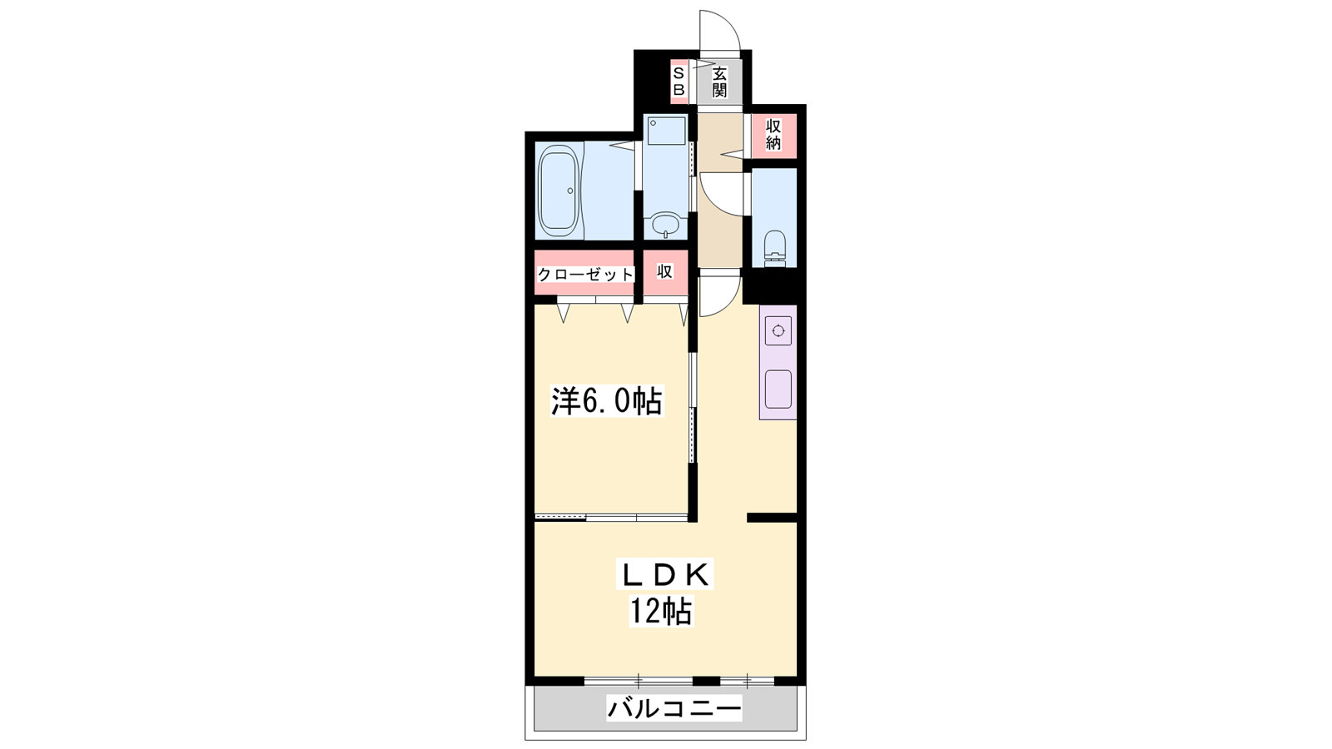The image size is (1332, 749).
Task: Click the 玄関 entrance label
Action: [x=719, y=82]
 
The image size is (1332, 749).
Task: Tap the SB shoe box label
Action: [x=678, y=81]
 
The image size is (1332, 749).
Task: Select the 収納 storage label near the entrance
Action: [x=773, y=135]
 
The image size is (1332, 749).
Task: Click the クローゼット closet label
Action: [x=585, y=275]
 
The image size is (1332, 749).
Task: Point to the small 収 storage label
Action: [x=665, y=271]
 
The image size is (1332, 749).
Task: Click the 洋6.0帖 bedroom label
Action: [x=607, y=400]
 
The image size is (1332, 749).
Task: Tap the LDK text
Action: [x=665, y=575]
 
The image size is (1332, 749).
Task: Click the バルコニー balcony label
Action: [x=674, y=708]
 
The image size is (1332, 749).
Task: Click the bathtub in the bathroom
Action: [x=559, y=191]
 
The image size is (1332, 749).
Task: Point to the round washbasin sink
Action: [x=665, y=225]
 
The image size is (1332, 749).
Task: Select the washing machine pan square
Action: [x=666, y=131]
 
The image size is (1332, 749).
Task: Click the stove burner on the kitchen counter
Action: [x=778, y=330]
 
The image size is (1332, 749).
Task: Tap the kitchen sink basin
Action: [x=778, y=389]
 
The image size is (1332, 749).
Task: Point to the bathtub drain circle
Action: [x=569, y=191]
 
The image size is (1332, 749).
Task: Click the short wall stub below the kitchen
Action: [x=772, y=517]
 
